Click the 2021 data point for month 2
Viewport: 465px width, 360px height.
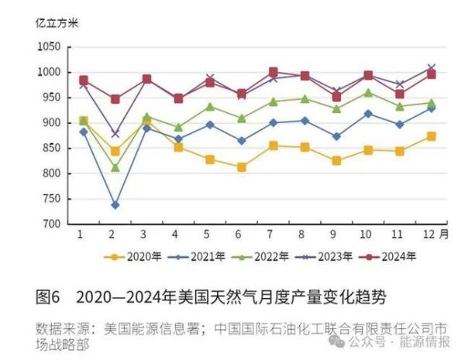tap(115, 205)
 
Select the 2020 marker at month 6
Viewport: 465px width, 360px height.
tap(243, 167)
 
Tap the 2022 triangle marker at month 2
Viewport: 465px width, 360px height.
tap(115, 167)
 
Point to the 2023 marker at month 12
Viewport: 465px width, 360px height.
tap(432, 68)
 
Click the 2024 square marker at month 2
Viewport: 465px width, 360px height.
tap(115, 99)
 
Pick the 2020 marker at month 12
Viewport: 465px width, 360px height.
tap(432, 136)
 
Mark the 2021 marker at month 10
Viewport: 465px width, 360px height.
tap(368, 113)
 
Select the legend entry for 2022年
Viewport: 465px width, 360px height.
tap(263, 255)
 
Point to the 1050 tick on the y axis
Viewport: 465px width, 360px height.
tap(49, 46)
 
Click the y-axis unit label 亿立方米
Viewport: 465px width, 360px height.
tap(57, 21)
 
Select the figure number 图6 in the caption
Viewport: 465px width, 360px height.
tap(47, 297)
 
